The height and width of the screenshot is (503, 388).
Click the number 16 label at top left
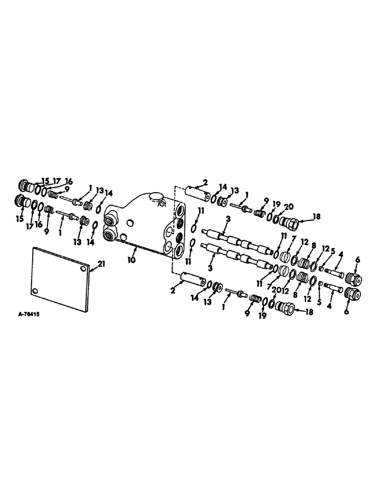pos(67,181)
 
